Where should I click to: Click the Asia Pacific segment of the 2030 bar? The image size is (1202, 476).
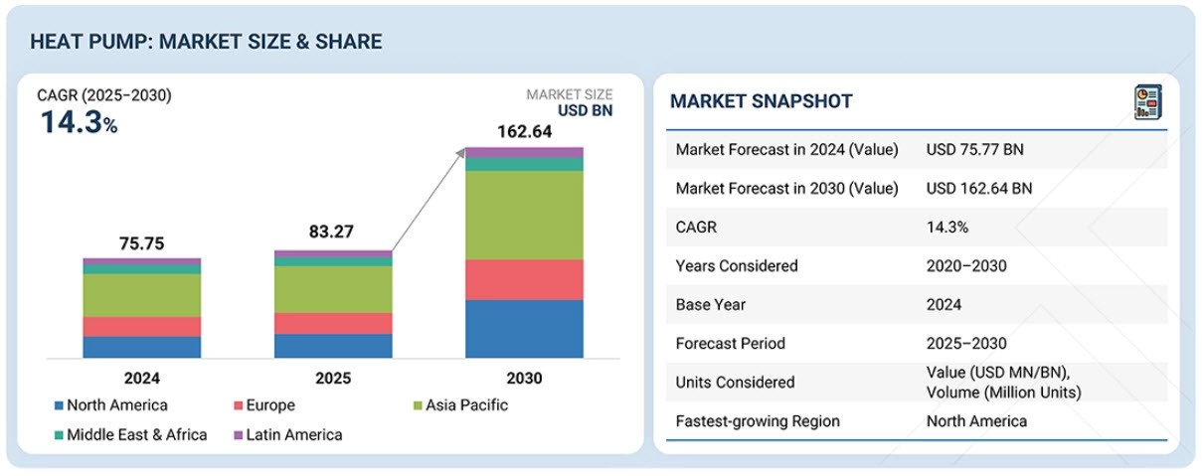(524, 215)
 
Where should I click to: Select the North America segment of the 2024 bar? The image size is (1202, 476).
(141, 347)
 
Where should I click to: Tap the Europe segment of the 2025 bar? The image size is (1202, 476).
(333, 323)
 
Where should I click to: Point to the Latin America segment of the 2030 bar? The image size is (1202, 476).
(524, 152)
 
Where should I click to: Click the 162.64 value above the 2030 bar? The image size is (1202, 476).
(524, 131)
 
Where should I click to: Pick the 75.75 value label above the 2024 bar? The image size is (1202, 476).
(141, 243)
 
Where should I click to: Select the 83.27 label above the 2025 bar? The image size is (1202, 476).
(333, 235)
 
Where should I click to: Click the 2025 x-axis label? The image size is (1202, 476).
(333, 379)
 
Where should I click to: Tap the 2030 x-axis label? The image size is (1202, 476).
(524, 379)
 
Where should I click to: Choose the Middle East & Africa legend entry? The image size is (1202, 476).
(130, 434)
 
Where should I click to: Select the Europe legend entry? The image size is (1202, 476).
(263, 404)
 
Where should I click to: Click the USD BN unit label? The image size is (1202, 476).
(587, 110)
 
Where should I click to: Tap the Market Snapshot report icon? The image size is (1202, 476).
(1147, 101)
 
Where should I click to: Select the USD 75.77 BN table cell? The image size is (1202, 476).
(974, 150)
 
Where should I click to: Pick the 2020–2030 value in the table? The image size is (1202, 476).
(966, 266)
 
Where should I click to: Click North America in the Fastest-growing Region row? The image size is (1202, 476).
(976, 421)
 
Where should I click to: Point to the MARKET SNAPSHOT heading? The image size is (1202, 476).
(761, 101)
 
